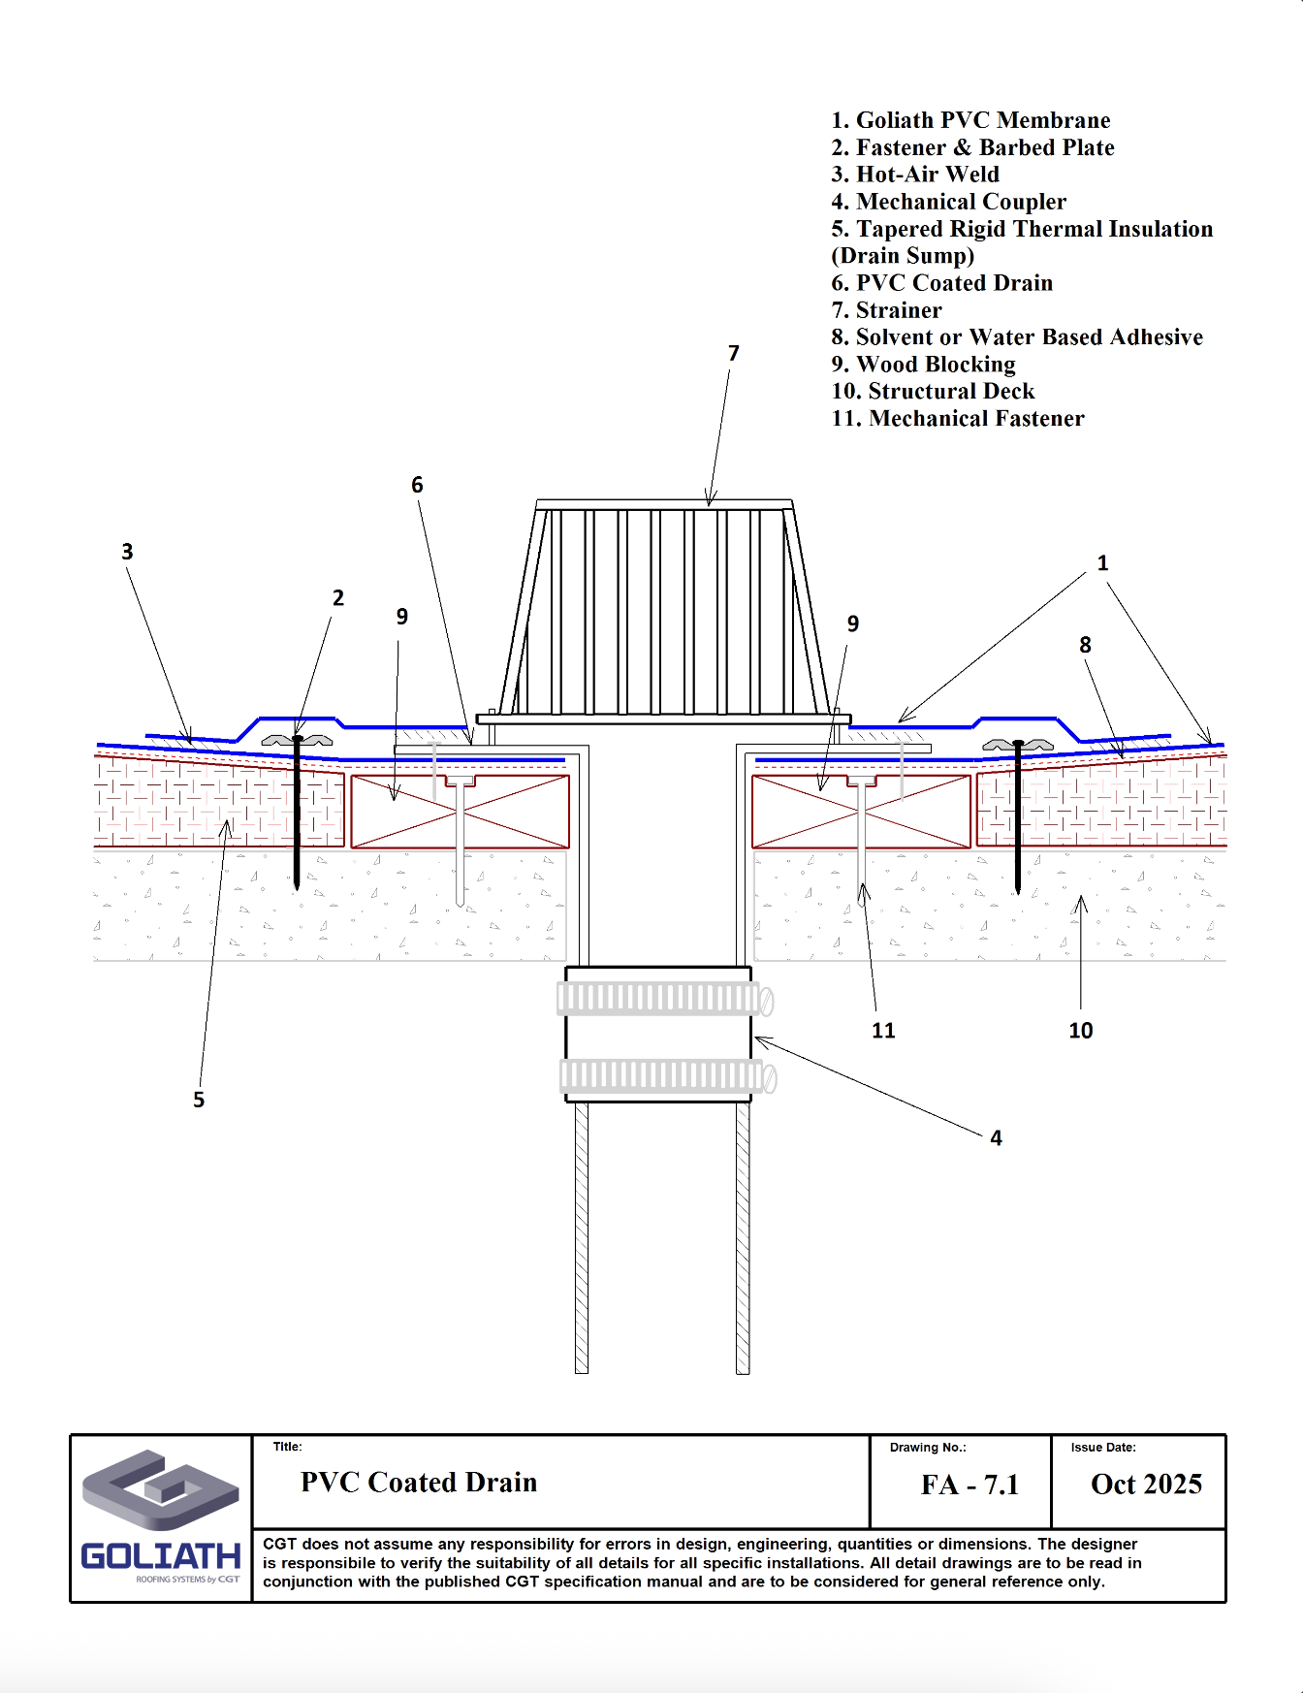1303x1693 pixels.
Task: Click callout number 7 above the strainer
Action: (x=734, y=354)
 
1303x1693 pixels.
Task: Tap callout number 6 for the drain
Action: (x=417, y=485)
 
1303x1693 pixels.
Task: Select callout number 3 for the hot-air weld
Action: (x=127, y=552)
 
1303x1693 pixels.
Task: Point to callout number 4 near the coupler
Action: (x=996, y=1138)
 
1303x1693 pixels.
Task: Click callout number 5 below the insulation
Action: (x=199, y=1100)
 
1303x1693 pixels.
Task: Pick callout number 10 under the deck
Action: (x=1080, y=1031)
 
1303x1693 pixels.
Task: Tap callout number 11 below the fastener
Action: (x=883, y=1031)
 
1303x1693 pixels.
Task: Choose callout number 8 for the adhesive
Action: (x=1085, y=645)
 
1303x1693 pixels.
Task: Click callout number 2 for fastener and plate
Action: (x=338, y=598)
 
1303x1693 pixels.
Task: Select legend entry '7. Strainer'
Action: (x=886, y=310)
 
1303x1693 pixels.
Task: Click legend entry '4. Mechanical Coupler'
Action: (x=948, y=202)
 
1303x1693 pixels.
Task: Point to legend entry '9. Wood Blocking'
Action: (x=923, y=365)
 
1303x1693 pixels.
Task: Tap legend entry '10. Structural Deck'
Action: (x=933, y=392)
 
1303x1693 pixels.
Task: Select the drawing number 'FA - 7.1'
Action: (x=969, y=1485)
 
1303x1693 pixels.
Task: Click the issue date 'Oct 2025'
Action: (x=1146, y=1484)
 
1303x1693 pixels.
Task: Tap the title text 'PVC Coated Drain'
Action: (x=419, y=1483)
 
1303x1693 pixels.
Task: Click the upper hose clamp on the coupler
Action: (x=664, y=999)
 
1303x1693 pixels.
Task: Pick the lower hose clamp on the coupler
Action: (x=667, y=1075)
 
